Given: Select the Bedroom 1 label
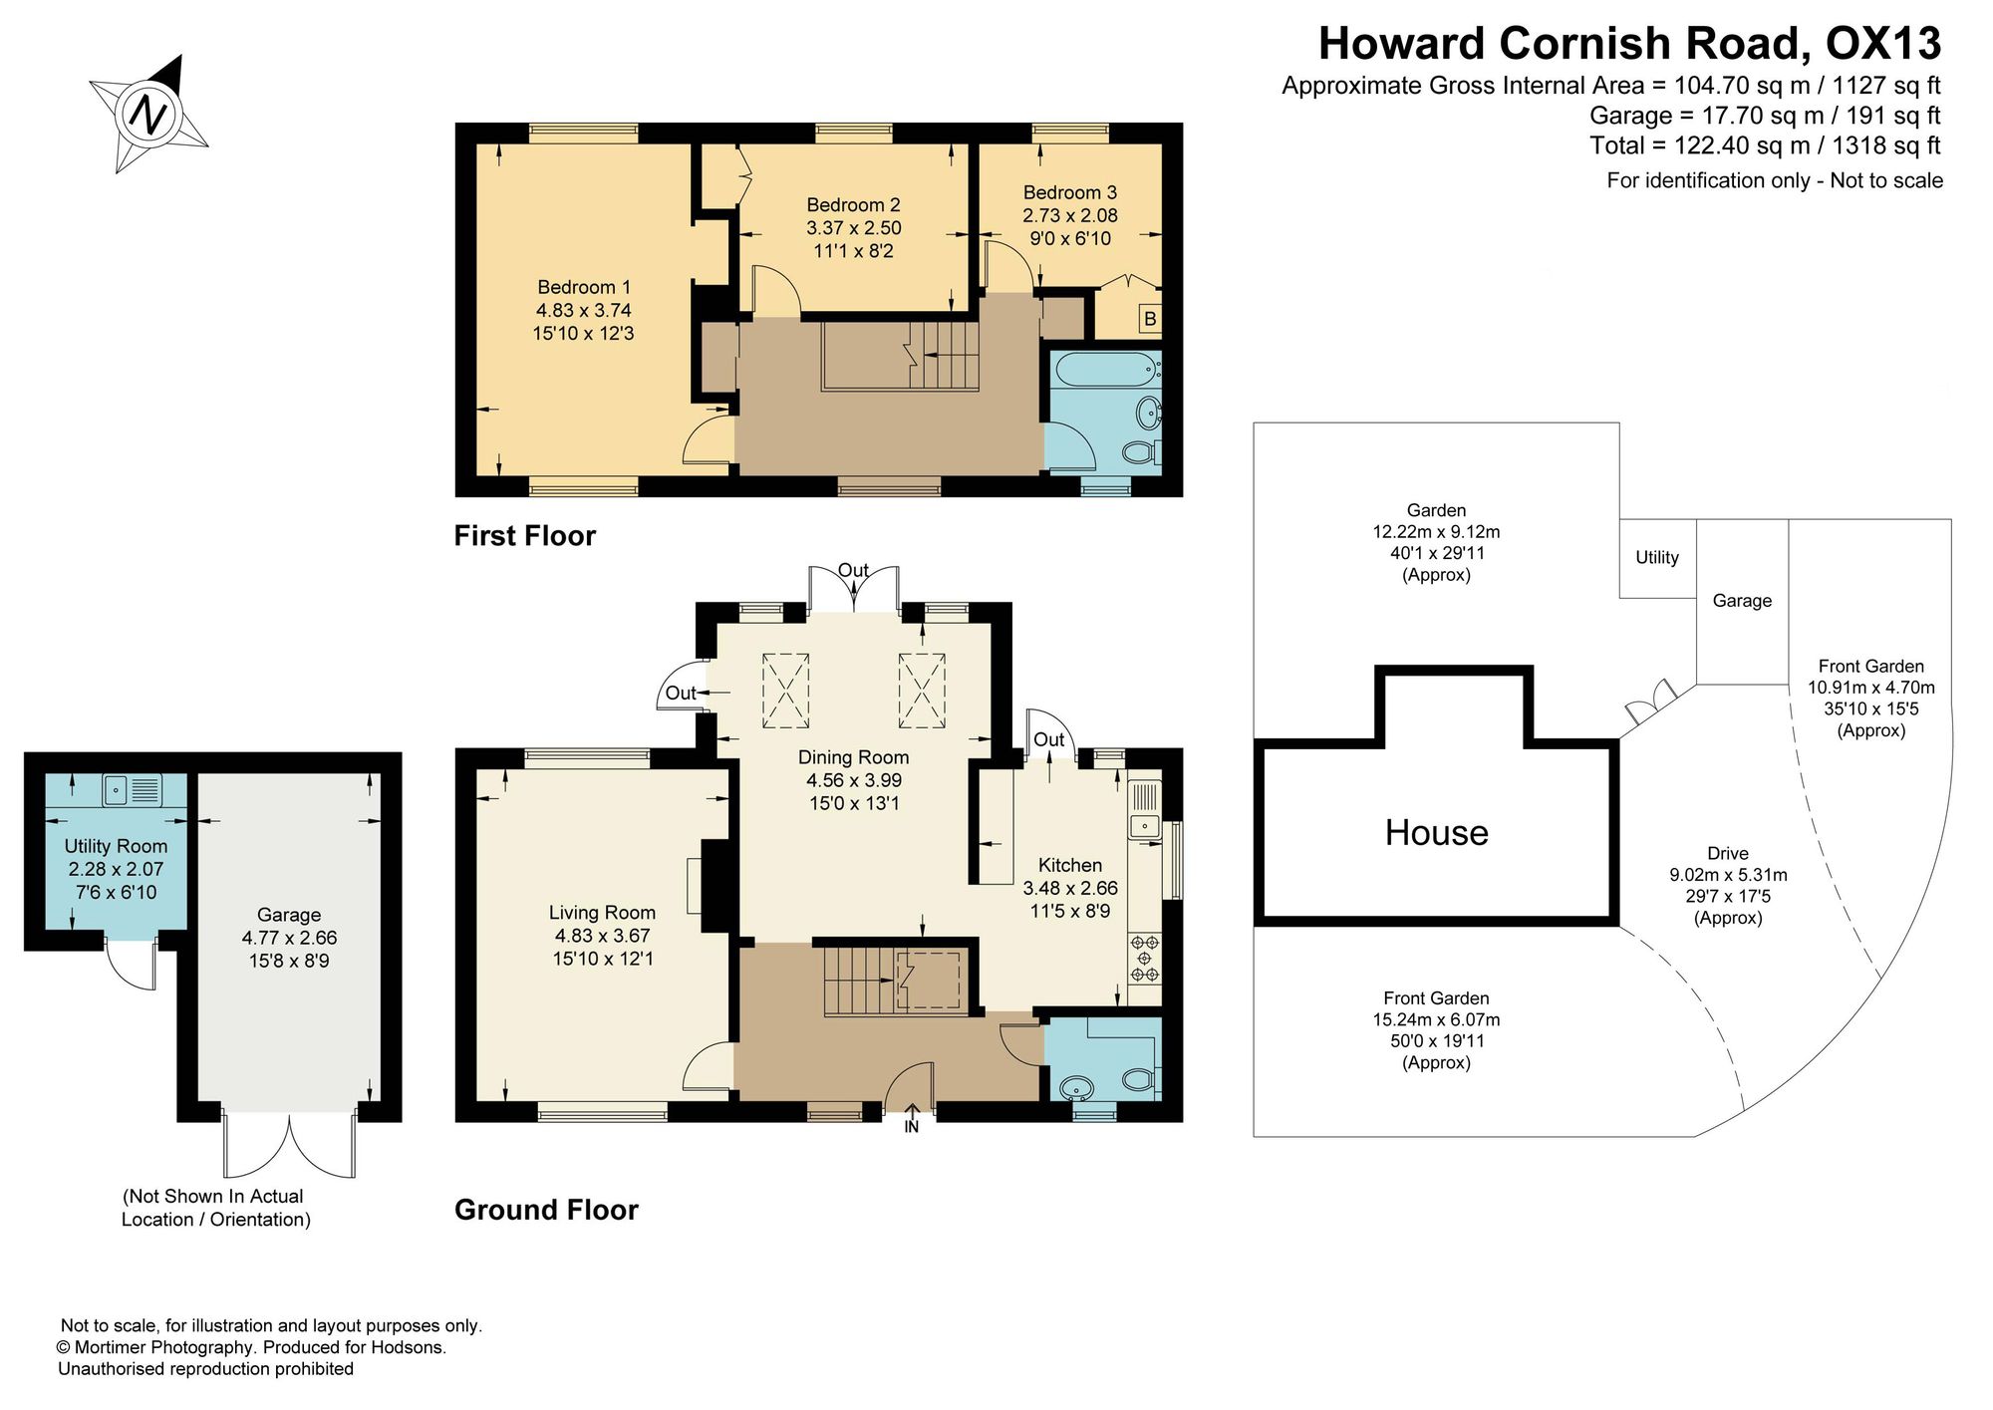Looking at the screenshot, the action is click(584, 310).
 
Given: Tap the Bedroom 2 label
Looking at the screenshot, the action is click(854, 228).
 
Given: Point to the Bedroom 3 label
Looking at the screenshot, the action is click(1070, 215).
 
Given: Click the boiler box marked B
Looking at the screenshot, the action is click(1150, 319).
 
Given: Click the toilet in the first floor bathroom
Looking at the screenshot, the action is click(1141, 453).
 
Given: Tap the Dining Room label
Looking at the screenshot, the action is click(854, 779).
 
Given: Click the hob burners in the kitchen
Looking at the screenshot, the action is click(1145, 958).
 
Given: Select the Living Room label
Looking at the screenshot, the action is click(603, 935).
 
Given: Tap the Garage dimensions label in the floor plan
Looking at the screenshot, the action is click(289, 938).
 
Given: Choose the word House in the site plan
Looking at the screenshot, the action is click(1436, 832).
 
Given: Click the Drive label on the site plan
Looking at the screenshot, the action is click(1728, 853).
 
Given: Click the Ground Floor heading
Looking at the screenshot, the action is click(546, 1209).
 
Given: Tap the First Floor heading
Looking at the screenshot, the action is click(525, 535).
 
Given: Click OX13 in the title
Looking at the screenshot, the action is click(1882, 43).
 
